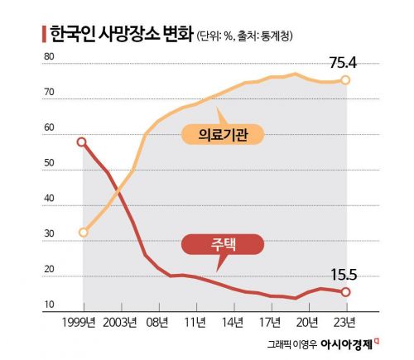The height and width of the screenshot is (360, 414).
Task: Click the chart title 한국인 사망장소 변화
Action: pos(121,35)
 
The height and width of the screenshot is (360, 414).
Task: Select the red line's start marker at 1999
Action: pos(81,142)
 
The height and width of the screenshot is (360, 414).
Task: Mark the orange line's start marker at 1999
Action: pos(82,232)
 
